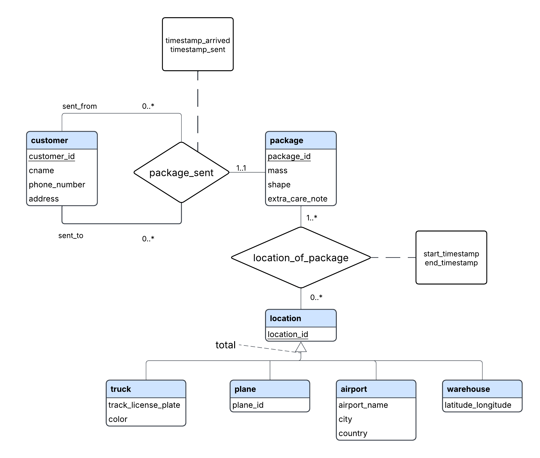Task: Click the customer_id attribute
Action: click(x=52, y=156)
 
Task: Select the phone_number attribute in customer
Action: click(x=57, y=185)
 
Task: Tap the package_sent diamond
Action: click(x=181, y=173)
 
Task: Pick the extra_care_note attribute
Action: click(x=297, y=199)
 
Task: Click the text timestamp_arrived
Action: click(x=198, y=41)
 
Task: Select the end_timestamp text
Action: click(x=451, y=263)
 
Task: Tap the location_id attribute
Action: click(x=288, y=334)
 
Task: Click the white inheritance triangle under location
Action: click(x=301, y=348)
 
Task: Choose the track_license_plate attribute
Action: click(x=144, y=405)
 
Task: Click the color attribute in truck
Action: click(x=118, y=419)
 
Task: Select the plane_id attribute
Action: click(x=248, y=405)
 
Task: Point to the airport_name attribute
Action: click(x=363, y=405)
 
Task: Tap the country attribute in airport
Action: click(x=353, y=433)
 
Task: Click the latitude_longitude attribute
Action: click(x=478, y=405)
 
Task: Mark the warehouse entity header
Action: click(x=482, y=389)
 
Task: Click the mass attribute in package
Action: click(x=277, y=171)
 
